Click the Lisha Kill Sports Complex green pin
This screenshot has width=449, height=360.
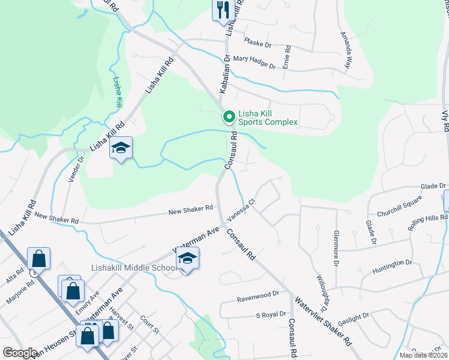[228, 116]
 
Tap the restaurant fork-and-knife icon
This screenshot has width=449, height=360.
[222, 10]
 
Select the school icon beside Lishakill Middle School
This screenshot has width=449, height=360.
[187, 259]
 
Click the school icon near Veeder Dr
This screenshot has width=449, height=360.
[121, 148]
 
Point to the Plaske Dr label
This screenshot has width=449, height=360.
[259, 43]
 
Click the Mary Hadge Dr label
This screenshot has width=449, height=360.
[254, 62]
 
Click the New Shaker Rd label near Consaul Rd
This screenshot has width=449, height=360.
[191, 208]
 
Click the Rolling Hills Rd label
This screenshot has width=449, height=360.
[423, 224]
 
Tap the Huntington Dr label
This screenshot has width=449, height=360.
[392, 263]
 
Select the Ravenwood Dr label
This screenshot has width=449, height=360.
[259, 294]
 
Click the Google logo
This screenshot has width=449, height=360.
[20, 352]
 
